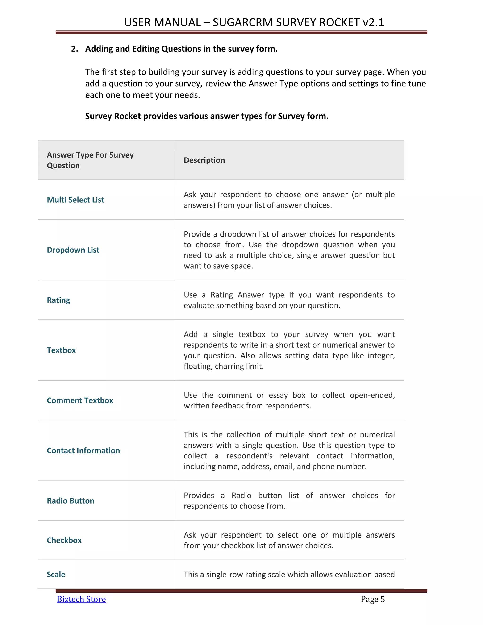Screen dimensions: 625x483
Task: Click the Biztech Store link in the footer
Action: click(81, 599)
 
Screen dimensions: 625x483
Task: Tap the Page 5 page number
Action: click(373, 599)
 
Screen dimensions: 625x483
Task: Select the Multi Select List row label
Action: click(75, 200)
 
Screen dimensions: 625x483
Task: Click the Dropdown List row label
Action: click(73, 250)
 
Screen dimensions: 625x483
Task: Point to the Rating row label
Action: click(58, 300)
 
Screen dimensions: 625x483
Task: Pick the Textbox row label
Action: click(61, 350)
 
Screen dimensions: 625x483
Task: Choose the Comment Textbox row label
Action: click(80, 400)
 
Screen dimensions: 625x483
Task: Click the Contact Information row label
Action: click(83, 450)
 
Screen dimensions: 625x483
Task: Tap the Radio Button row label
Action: click(70, 500)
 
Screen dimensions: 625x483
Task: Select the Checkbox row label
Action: click(64, 540)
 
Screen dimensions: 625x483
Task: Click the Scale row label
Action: click(56, 574)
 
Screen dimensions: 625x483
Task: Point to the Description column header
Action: click(204, 160)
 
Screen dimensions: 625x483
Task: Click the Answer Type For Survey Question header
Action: click(90, 160)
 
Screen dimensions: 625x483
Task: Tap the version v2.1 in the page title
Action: click(373, 22)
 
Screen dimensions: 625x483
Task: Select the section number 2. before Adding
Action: click(74, 49)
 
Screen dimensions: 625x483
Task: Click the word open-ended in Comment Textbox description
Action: click(372, 395)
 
